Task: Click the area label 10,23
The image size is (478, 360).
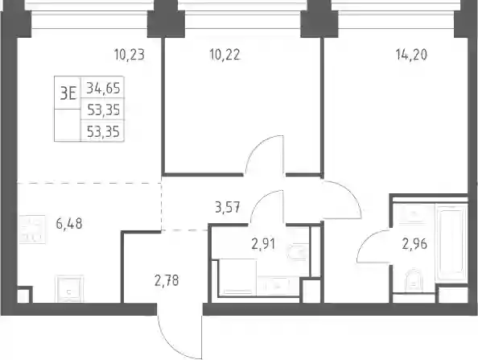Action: [130, 55]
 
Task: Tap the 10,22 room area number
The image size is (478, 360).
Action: [225, 55]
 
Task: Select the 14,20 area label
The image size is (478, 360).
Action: [411, 55]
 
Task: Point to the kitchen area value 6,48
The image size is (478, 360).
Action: [69, 224]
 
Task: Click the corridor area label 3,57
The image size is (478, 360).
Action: [228, 208]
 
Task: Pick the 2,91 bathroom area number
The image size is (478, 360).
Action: [263, 244]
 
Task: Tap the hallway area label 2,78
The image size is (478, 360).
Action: [167, 280]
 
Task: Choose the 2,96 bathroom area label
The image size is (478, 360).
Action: [414, 244]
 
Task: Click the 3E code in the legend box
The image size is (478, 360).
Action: [68, 93]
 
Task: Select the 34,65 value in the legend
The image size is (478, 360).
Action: [103, 88]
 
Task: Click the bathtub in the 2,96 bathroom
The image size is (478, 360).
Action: [451, 242]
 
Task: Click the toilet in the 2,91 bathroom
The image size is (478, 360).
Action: [298, 252]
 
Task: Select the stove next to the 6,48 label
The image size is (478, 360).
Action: [32, 229]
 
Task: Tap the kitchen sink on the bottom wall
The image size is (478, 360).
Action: [69, 288]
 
